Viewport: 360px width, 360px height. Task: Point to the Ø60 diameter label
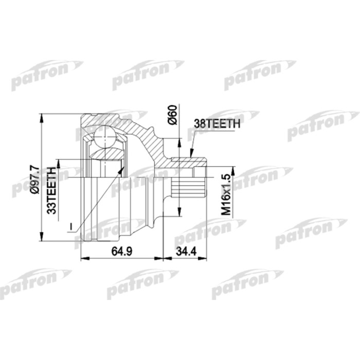[173, 114]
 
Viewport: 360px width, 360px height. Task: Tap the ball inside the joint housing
[105, 138]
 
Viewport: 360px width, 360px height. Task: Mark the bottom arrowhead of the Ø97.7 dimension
[42, 238]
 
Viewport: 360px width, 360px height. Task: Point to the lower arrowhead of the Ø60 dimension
[179, 215]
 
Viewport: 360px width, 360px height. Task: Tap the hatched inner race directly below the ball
[105, 154]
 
